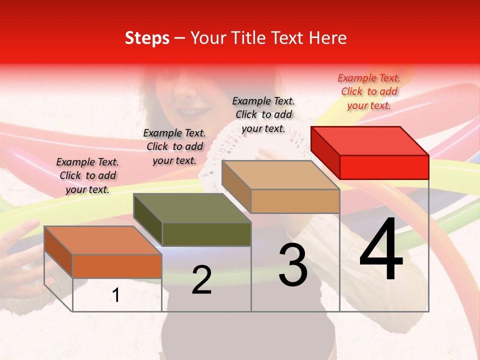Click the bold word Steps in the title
(x=147, y=38)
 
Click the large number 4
(x=381, y=250)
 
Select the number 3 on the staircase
(x=293, y=265)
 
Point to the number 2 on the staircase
(x=201, y=280)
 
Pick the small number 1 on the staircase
(x=116, y=295)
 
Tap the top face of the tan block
(x=280, y=175)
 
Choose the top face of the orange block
(x=103, y=240)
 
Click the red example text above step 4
(x=369, y=91)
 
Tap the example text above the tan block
(x=263, y=114)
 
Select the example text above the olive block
(x=174, y=146)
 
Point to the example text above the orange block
(x=87, y=175)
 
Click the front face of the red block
(x=384, y=167)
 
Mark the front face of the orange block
(x=117, y=266)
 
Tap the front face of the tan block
(x=295, y=201)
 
